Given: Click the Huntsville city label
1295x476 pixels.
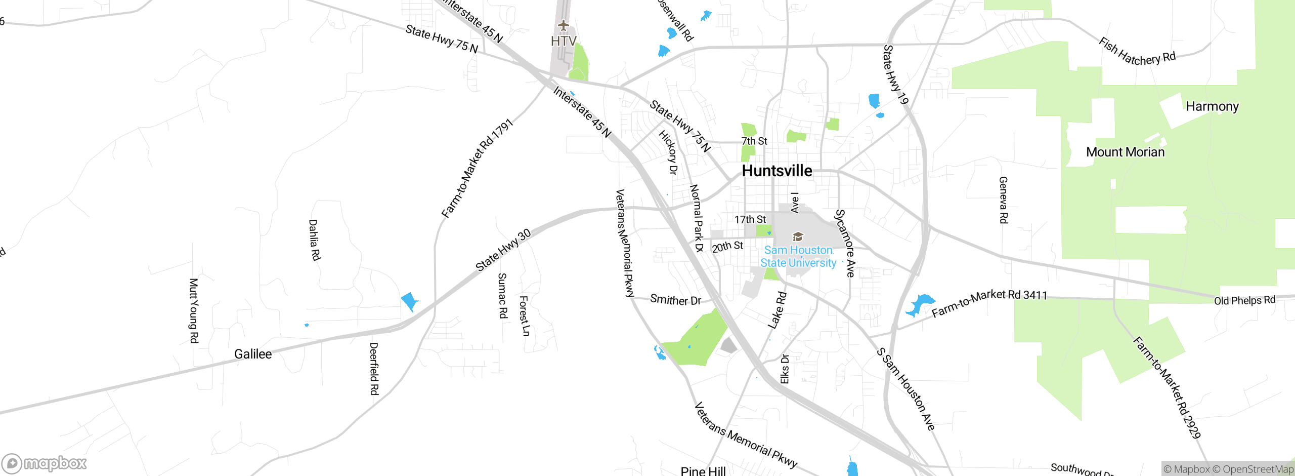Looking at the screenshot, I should click(x=777, y=171).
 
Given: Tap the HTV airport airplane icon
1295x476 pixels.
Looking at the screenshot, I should click(x=563, y=25).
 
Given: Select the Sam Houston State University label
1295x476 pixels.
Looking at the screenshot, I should click(x=798, y=256).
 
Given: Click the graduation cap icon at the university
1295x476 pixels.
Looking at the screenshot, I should click(x=798, y=236).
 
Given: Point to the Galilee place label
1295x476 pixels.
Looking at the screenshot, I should click(x=253, y=354).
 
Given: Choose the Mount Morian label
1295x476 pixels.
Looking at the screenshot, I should click(x=1125, y=152).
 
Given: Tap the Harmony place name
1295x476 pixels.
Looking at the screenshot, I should click(x=1212, y=106).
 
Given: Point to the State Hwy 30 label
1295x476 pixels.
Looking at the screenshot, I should click(x=503, y=250).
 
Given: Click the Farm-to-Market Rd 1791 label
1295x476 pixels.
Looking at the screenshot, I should click(x=477, y=169).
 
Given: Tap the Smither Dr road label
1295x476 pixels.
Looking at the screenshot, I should click(x=675, y=300).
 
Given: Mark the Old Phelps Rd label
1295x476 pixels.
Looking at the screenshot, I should click(x=1244, y=300).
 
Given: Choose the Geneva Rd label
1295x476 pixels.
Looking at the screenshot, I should click(x=1003, y=200).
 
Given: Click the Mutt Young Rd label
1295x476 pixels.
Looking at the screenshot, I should click(x=193, y=310).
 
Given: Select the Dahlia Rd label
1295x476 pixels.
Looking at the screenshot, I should click(x=314, y=240).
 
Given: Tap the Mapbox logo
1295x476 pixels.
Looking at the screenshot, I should click(x=45, y=463).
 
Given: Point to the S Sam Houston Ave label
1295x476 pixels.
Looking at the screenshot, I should click(x=905, y=389).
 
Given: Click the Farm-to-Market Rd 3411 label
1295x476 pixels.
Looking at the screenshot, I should click(x=989, y=302).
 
